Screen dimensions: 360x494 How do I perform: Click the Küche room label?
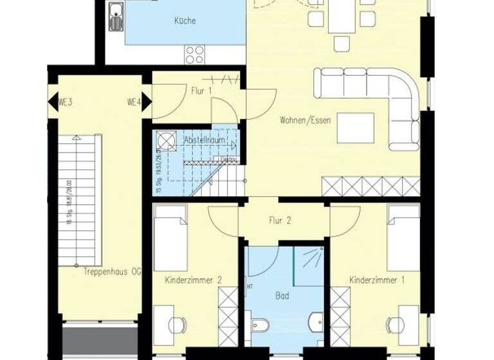click(185, 21)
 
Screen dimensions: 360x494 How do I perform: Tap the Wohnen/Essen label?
click(306, 120)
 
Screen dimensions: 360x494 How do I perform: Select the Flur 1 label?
click(201, 91)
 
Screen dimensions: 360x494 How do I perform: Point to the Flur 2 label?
click(280, 221)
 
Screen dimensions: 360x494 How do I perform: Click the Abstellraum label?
click(199, 139)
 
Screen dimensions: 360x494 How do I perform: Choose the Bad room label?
click(282, 296)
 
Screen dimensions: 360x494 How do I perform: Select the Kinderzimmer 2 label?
click(193, 280)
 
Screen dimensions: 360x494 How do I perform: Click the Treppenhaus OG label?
click(111, 272)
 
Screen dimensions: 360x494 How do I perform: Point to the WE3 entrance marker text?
click(64, 102)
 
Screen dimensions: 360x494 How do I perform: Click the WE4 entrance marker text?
click(133, 102)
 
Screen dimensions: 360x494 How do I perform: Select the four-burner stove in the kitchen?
click(195, 54)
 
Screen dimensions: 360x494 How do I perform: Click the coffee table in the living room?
click(356, 128)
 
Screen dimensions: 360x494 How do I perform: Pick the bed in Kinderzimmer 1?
click(403, 238)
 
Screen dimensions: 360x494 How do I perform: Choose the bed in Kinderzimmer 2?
click(170, 238)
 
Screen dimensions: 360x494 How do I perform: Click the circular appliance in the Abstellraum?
click(165, 141)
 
